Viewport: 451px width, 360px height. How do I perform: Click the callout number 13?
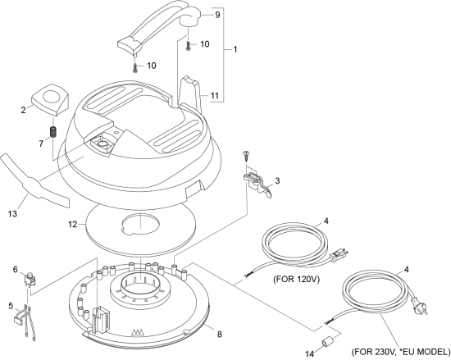(x=12, y=214)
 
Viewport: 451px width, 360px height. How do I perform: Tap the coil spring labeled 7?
(x=54, y=132)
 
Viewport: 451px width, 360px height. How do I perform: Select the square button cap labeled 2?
(x=49, y=100)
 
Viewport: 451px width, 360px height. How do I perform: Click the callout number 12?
(x=73, y=224)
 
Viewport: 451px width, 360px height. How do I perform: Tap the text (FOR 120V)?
(x=297, y=279)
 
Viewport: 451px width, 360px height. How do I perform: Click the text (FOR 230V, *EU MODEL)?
(x=401, y=352)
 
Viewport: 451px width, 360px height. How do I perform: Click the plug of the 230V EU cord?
(x=420, y=306)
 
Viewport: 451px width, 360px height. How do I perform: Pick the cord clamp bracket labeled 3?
(x=257, y=184)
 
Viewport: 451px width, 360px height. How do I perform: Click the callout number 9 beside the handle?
(x=217, y=15)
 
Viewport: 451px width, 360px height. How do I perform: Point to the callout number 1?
(x=235, y=49)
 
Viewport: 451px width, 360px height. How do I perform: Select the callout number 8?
(x=220, y=334)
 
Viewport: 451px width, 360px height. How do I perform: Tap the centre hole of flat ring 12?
(x=139, y=224)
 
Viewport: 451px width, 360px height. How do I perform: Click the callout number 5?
(x=11, y=306)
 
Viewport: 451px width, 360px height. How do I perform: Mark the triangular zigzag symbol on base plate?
(x=137, y=332)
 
